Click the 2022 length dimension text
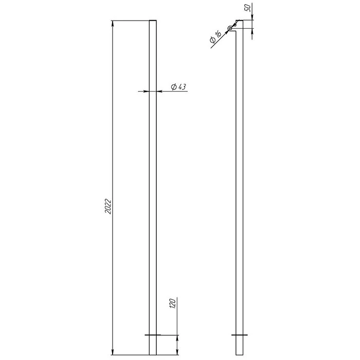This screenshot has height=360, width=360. (108, 206)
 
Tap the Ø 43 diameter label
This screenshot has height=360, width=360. (178, 87)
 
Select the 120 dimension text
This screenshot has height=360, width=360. (173, 303)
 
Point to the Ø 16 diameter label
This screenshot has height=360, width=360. (215, 37)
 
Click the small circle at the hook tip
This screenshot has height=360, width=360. (230, 28)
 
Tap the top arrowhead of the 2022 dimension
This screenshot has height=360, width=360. (113, 24)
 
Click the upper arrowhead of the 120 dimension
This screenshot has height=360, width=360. (177, 338)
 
